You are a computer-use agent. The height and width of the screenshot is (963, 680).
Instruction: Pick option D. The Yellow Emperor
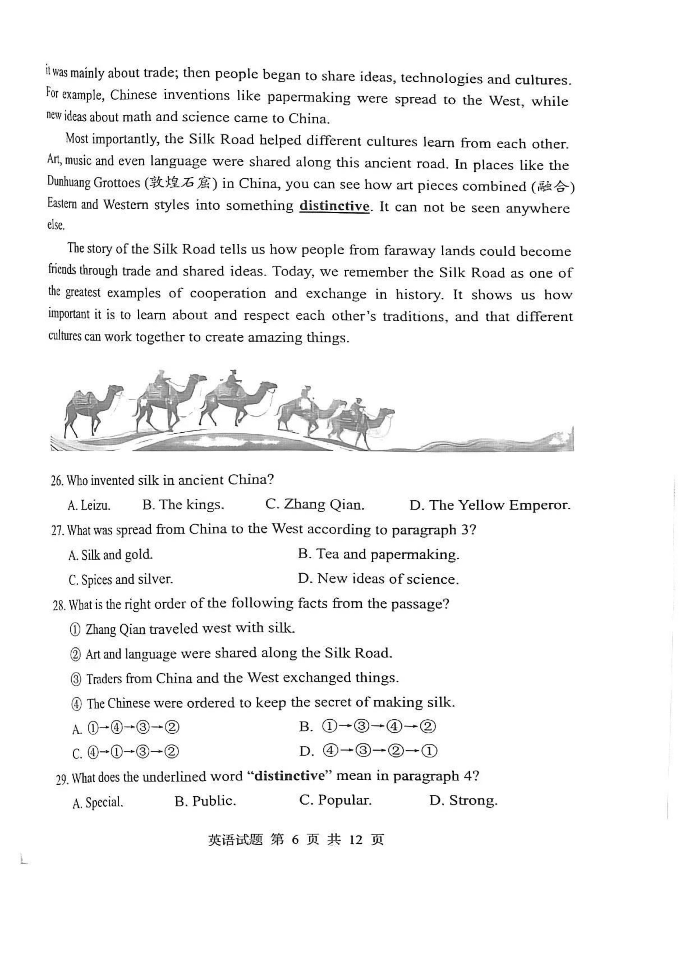tap(490, 505)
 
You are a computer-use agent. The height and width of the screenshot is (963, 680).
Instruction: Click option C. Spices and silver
tap(120, 580)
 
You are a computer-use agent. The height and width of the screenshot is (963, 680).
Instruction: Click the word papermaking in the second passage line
tap(309, 98)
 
